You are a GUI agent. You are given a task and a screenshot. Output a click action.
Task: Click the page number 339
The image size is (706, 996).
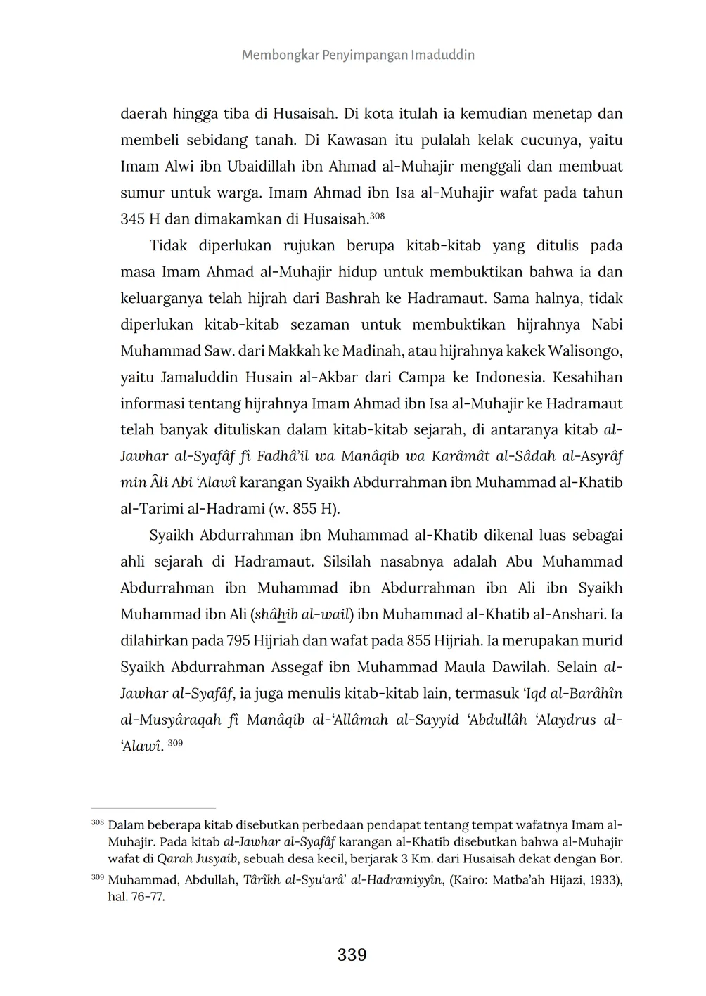coord(352,955)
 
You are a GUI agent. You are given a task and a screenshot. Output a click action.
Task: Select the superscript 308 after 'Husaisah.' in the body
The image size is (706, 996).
coord(377,216)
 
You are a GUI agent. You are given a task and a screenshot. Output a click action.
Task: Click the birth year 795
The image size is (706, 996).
coord(240,641)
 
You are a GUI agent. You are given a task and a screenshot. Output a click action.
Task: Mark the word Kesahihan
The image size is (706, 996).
coord(588,377)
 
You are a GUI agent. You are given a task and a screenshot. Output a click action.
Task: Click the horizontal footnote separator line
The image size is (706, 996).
coord(153,808)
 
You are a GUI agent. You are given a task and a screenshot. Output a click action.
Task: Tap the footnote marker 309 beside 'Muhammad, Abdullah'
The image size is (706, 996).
coord(97,877)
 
